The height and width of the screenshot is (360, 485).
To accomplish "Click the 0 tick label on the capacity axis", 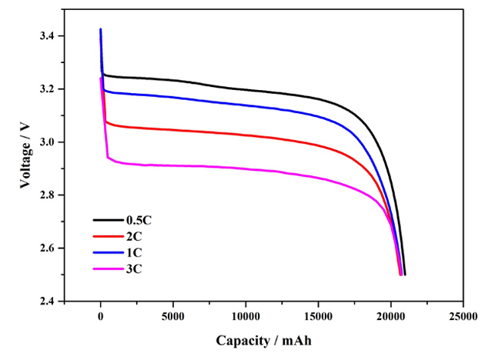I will point(101,315).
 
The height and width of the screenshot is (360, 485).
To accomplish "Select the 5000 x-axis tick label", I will point(173,315).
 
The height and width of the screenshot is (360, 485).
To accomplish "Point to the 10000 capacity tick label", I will point(246,315).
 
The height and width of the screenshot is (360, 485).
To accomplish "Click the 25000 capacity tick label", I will point(463,315).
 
